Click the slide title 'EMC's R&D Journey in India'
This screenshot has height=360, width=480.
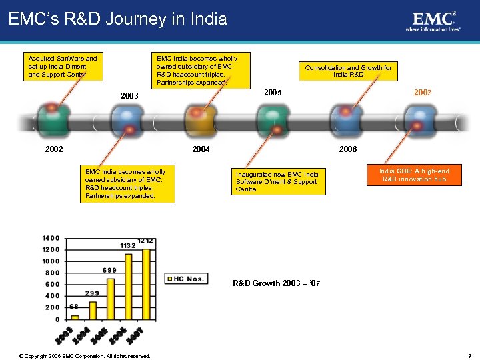click(x=118, y=19)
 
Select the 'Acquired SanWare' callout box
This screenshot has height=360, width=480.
click(x=62, y=67)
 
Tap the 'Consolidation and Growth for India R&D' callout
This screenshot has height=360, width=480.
click(x=348, y=71)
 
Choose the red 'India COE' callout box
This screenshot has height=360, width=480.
click(x=414, y=175)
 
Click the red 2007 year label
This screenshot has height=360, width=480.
click(x=422, y=92)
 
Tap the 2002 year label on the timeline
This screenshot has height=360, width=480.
click(x=54, y=149)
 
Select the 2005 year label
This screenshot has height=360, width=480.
click(x=273, y=92)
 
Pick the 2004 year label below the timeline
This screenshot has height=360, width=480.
click(x=201, y=149)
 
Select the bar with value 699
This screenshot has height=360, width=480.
click(x=111, y=299)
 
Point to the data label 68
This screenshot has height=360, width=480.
click(x=74, y=307)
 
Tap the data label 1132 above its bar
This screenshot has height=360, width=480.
click(x=128, y=245)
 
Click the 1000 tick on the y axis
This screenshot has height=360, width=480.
click(x=51, y=261)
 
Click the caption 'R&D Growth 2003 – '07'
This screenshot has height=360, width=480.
click(x=276, y=284)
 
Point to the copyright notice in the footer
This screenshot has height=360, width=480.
click(x=85, y=355)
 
